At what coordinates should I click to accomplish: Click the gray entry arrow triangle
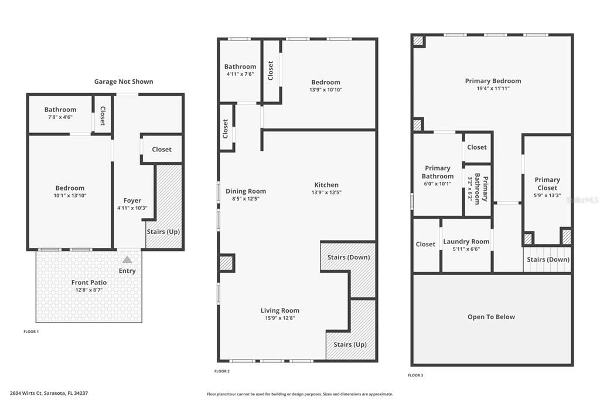pyautogui.click(x=127, y=259)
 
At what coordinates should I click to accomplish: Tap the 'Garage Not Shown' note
pyautogui.click(x=124, y=82)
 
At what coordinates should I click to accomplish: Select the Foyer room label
pyautogui.click(x=132, y=201)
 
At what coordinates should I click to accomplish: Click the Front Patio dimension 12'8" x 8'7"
pyautogui.click(x=89, y=290)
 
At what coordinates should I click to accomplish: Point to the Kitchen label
pyautogui.click(x=326, y=185)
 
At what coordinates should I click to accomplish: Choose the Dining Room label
pyautogui.click(x=246, y=191)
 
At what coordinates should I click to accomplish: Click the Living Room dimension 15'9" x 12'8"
pyautogui.click(x=280, y=318)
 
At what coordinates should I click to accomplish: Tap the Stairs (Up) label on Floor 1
pyautogui.click(x=163, y=232)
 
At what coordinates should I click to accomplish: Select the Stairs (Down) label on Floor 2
pyautogui.click(x=349, y=257)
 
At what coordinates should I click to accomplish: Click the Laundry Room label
pyautogui.click(x=466, y=242)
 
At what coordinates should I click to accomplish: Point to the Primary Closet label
pyautogui.click(x=547, y=184)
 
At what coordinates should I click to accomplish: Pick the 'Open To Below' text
pyautogui.click(x=492, y=317)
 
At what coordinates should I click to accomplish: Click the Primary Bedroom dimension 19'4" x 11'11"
pyautogui.click(x=493, y=89)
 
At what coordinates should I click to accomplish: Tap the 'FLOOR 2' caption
pyautogui.click(x=222, y=371)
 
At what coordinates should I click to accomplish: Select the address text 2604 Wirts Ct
pyautogui.click(x=26, y=393)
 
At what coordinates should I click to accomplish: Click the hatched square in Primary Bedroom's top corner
pyautogui.click(x=418, y=41)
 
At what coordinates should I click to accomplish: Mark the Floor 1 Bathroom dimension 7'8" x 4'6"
pyautogui.click(x=60, y=117)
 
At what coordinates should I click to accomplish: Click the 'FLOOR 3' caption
pyautogui.click(x=415, y=375)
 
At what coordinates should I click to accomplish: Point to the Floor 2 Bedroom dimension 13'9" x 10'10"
pyautogui.click(x=326, y=90)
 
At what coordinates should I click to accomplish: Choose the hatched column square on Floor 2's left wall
pyautogui.click(x=226, y=263)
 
